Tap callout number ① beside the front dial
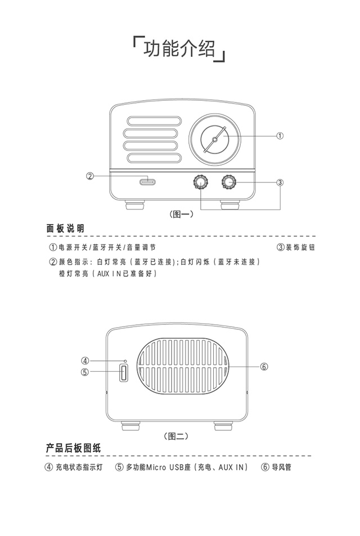click(x=280, y=136)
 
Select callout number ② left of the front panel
click(x=89, y=176)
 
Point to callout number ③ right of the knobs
click(x=280, y=182)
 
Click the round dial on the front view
click(x=214, y=138)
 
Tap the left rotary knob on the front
click(x=200, y=181)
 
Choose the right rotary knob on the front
click(x=228, y=181)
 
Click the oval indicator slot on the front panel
click(x=147, y=182)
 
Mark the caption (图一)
click(x=181, y=214)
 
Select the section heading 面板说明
click(x=65, y=228)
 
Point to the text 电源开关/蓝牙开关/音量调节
click(x=106, y=247)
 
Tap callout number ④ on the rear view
click(x=85, y=361)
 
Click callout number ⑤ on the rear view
click(x=85, y=372)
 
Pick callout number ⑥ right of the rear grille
click(x=264, y=367)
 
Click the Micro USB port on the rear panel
click(x=123, y=373)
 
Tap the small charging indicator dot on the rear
click(x=125, y=361)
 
